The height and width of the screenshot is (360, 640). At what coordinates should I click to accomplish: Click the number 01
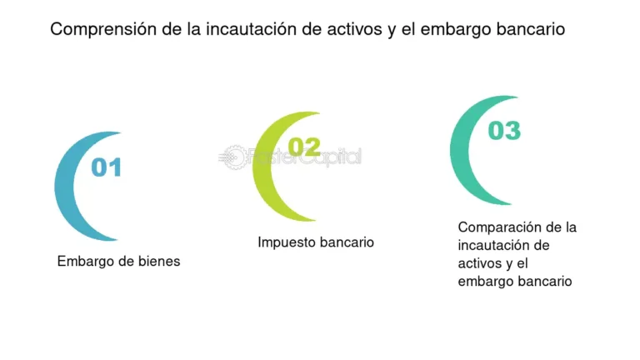coord(106,167)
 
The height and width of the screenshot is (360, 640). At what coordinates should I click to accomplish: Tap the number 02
coord(304,148)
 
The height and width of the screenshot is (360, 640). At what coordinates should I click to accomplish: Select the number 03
coord(504,131)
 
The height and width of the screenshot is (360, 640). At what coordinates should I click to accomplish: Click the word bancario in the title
coord(527,29)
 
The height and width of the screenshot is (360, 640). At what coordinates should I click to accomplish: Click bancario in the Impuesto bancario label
coord(347,242)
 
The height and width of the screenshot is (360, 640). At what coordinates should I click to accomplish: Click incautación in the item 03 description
coord(492,245)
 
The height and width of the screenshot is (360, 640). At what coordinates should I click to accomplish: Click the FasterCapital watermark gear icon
coord(232,156)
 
